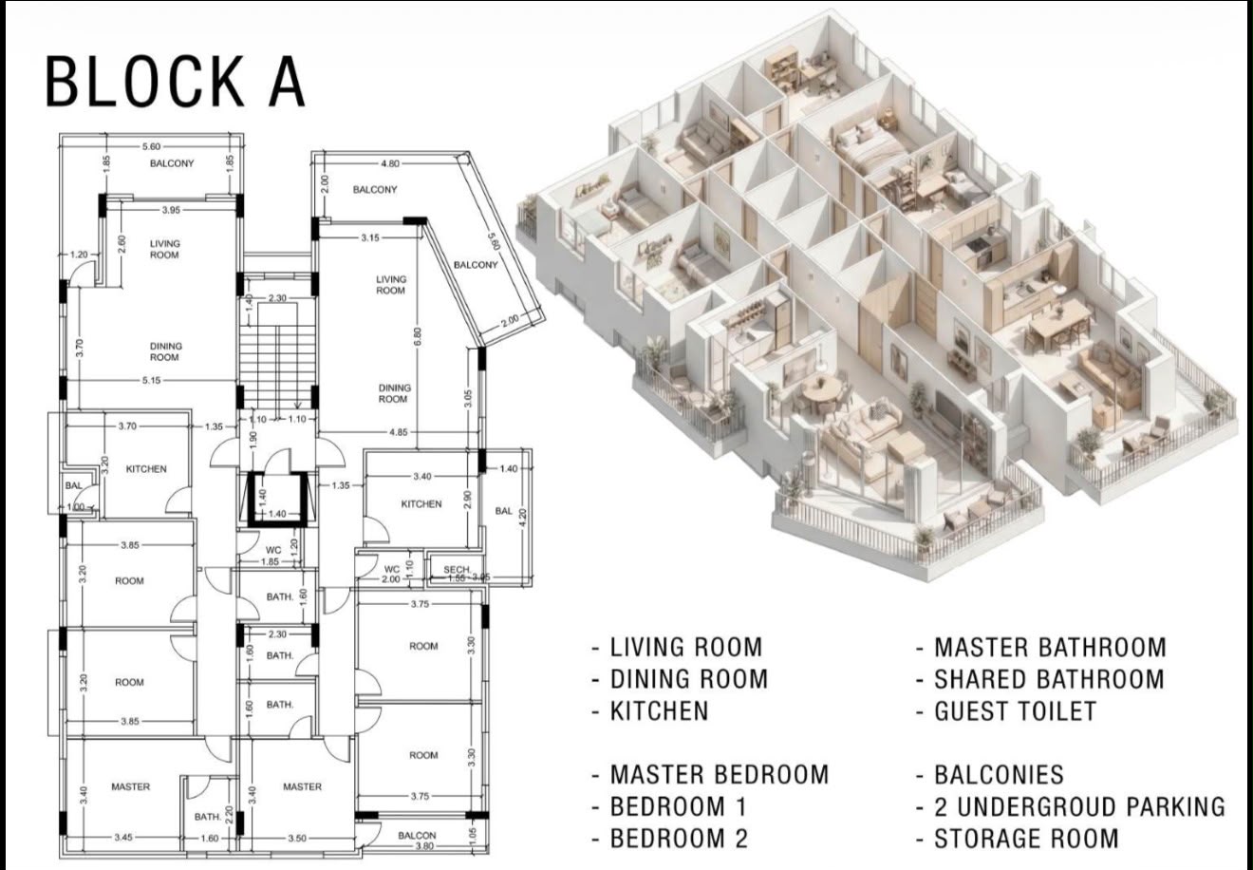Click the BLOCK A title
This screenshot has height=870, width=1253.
[175, 82]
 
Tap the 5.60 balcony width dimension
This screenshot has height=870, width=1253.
[151, 146]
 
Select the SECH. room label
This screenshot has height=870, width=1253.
[457, 569]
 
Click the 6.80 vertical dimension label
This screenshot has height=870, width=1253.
[418, 336]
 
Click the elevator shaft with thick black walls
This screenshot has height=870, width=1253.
[277, 500]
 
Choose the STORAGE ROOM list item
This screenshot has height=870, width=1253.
[1026, 839]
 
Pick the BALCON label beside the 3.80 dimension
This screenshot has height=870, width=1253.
[417, 835]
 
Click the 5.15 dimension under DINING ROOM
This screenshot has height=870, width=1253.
[151, 381]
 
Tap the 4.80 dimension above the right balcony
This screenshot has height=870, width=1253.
[390, 164]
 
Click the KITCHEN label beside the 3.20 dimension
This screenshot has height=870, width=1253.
[146, 469]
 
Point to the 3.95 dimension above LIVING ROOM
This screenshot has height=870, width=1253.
[171, 211]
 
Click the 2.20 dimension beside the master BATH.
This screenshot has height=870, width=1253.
[228, 815]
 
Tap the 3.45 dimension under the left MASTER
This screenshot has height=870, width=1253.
[123, 838]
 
